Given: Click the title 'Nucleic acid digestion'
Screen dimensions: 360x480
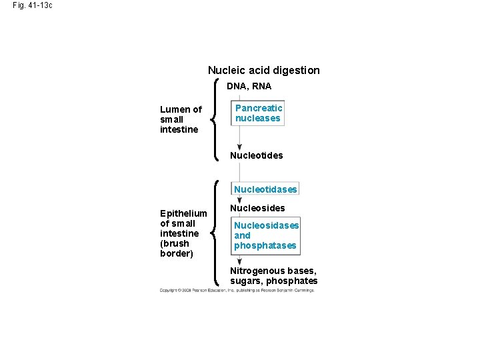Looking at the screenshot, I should (263, 70).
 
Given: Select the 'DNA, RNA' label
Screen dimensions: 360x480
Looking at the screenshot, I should (249, 86).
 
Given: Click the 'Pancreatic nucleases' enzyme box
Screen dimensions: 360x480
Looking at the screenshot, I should (259, 113).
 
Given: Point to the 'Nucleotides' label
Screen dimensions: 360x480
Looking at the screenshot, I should (256, 155).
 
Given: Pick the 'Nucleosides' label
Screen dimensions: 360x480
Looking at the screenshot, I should (257, 208).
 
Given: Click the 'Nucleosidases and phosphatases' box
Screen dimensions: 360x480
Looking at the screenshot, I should (266, 235).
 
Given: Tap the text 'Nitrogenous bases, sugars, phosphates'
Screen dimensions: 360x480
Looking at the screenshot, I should (273, 276).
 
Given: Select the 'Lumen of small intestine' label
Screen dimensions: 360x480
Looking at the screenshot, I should (181, 119).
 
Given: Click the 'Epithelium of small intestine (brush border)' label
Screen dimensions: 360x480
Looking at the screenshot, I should (183, 233).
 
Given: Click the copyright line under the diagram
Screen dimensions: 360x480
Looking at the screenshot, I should (237, 290).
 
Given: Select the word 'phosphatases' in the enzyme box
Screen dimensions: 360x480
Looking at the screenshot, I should (265, 246).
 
